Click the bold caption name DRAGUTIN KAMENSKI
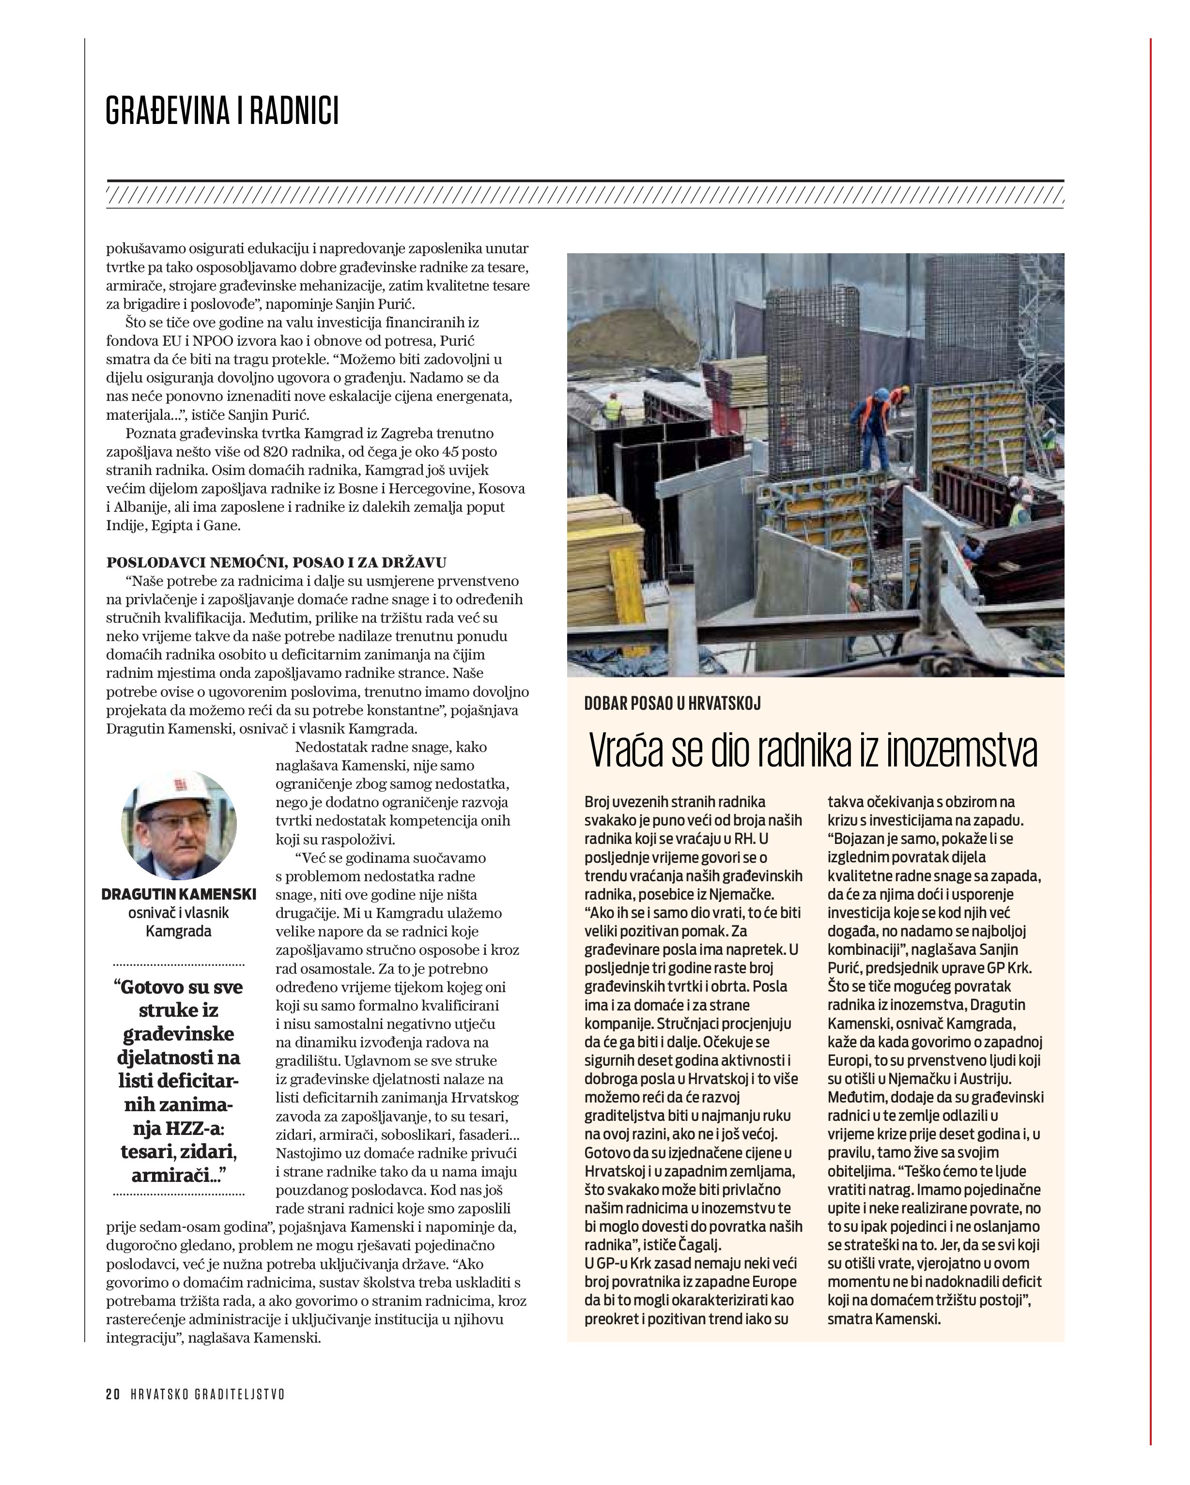point(178,894)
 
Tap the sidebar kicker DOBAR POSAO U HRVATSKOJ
point(672,703)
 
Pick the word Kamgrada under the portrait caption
point(178,931)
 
